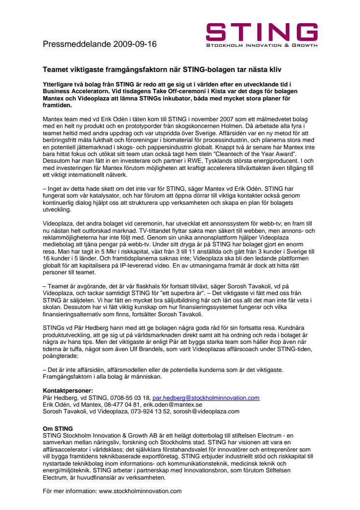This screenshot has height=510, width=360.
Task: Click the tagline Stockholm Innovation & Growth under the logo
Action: pos(262,46)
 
